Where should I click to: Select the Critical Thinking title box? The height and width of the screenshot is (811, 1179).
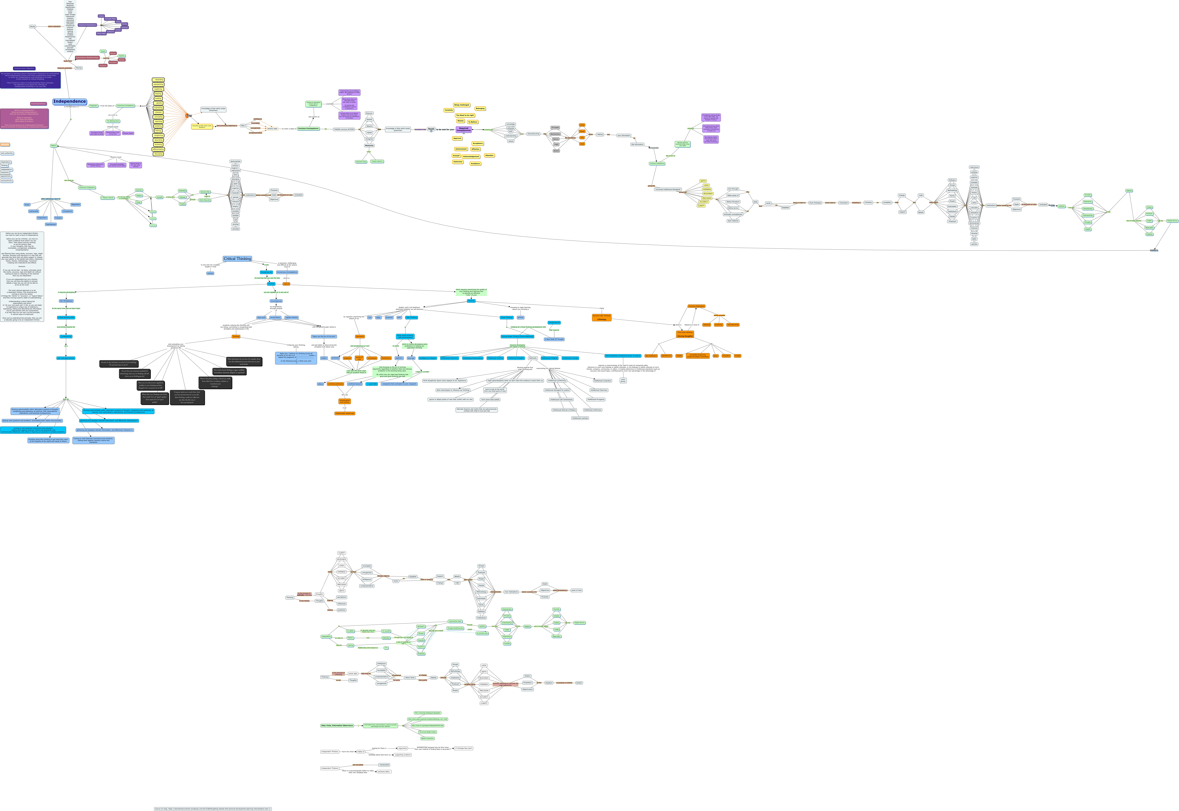point(237,259)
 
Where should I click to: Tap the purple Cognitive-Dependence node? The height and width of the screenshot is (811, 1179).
point(87,25)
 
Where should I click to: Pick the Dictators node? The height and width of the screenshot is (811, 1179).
point(103,66)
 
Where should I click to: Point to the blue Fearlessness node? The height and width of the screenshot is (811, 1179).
point(51,224)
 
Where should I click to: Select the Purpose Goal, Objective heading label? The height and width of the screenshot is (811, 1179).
point(24,68)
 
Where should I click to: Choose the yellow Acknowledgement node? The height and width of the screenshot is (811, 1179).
point(471,157)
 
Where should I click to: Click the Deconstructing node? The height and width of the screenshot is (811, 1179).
point(533,134)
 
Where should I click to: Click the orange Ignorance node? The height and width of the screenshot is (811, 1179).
point(360,336)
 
